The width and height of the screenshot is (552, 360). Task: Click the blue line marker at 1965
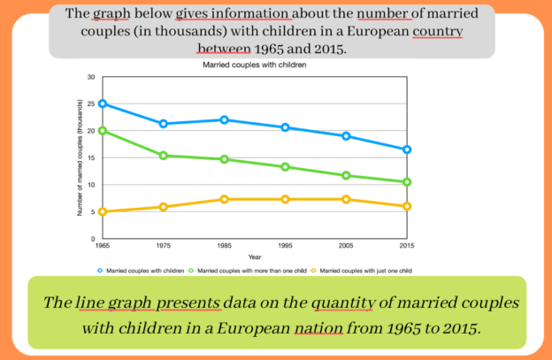tap(103, 103)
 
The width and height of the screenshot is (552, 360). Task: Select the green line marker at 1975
tap(163, 156)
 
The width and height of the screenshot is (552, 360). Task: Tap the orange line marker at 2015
tap(406, 206)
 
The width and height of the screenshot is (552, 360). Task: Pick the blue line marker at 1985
tap(224, 119)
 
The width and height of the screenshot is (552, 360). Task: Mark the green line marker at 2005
tap(346, 175)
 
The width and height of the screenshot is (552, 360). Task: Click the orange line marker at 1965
tap(103, 211)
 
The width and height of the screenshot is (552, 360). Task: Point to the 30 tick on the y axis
tap(90, 77)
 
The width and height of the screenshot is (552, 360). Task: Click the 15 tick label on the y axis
tap(90, 158)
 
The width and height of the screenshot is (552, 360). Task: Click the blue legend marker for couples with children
tap(100, 270)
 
